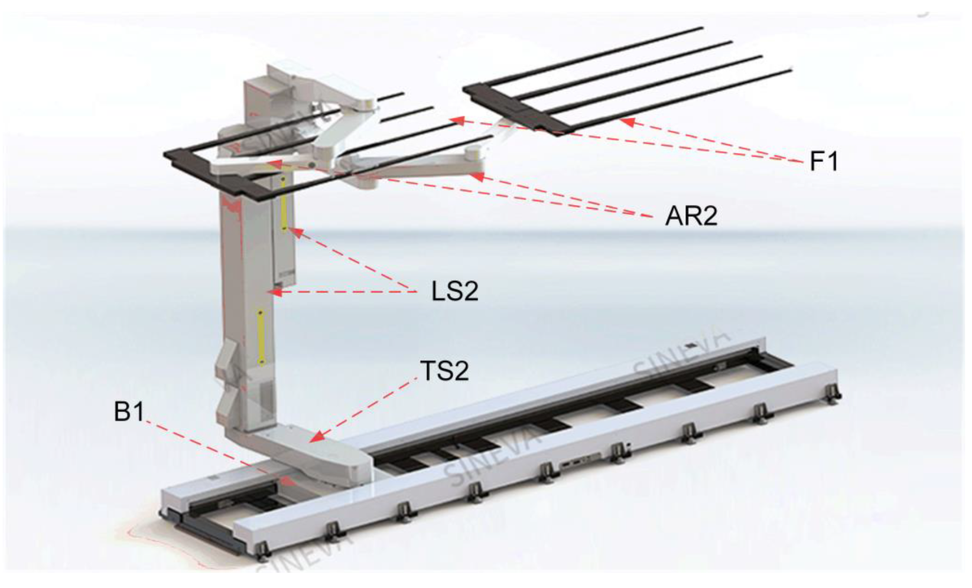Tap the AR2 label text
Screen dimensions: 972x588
pyautogui.click(x=691, y=216)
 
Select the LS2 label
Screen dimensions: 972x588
pyautogui.click(x=455, y=291)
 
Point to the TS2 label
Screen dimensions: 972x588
pyautogui.click(x=445, y=371)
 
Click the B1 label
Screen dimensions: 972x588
pyautogui.click(x=129, y=411)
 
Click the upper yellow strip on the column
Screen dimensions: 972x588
pyautogui.click(x=284, y=203)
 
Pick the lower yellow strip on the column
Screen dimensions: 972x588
pyautogui.click(x=262, y=337)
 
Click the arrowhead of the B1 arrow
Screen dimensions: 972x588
pyautogui.click(x=288, y=481)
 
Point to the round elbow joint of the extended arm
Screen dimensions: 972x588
pyautogui.click(x=473, y=153)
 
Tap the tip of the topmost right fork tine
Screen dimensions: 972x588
pyautogui.click(x=702, y=28)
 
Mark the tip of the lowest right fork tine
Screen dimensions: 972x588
pyautogui.click(x=791, y=70)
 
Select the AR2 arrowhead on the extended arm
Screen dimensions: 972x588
pyautogui.click(x=478, y=176)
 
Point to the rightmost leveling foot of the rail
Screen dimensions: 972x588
pyautogui.click(x=833, y=394)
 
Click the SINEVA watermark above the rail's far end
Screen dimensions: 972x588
pyautogui.click(x=681, y=357)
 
